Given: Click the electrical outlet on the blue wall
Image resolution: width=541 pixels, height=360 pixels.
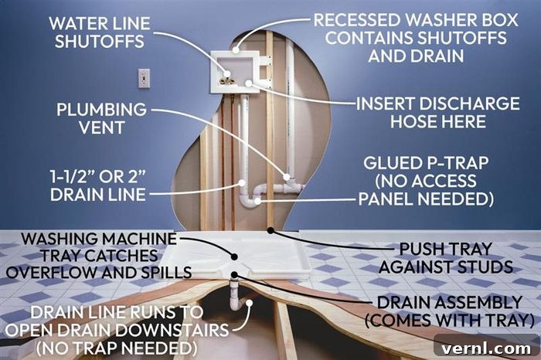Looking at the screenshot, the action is pos(144,78).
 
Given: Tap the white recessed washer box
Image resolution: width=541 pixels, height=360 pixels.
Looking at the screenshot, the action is pos(235,72).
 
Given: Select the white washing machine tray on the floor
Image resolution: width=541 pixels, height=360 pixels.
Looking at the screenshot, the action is pos(238,254).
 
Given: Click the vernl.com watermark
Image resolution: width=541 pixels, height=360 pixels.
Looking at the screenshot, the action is pos(486,348).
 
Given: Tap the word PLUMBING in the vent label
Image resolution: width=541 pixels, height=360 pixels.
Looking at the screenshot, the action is pos(101,110).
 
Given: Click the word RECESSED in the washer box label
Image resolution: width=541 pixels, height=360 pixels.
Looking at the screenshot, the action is pos(356,20).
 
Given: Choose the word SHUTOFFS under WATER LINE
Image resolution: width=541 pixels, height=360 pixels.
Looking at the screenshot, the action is pos(100,42).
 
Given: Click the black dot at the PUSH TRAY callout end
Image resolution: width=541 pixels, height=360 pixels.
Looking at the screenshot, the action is pos(271,230).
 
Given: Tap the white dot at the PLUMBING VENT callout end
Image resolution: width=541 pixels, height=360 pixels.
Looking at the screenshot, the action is pos(287,177).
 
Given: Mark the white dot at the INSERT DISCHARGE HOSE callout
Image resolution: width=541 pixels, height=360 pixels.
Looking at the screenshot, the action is pos(249,83).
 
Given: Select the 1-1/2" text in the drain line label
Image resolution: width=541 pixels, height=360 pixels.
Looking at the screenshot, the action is pos(72,177).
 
